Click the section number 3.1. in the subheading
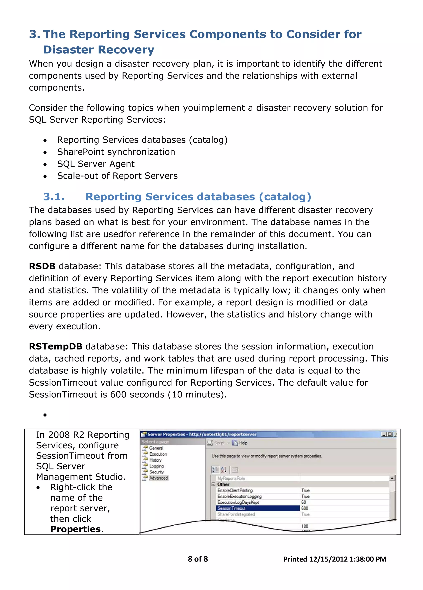click(54, 197)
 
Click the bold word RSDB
click(42, 266)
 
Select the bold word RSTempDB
click(55, 347)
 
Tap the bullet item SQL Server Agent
click(96, 164)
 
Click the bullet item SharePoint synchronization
click(116, 152)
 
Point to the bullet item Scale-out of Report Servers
click(117, 176)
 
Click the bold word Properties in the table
click(75, 529)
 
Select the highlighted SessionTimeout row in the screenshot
click(258, 508)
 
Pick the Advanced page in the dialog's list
click(158, 478)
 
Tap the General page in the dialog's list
click(156, 448)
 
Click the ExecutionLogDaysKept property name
click(238, 502)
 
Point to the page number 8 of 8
click(198, 559)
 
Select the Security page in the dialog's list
click(156, 472)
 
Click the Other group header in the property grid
click(223, 484)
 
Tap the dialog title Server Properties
click(166, 434)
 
